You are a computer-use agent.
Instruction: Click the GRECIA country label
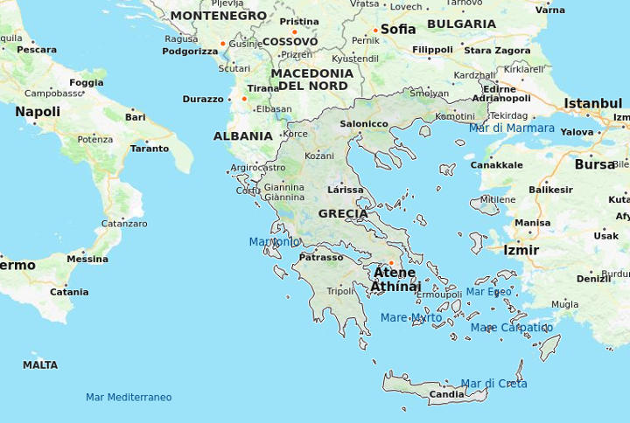tap(343, 213)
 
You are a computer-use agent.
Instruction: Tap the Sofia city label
tap(398, 29)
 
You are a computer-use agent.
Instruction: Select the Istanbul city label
tap(592, 103)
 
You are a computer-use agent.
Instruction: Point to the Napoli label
tap(38, 112)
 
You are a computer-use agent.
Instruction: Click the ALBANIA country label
tap(242, 136)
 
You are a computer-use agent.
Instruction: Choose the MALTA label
tap(40, 365)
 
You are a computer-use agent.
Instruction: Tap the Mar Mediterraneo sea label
tap(129, 398)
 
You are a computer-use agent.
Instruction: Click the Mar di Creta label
tap(493, 384)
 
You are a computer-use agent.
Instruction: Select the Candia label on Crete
tap(446, 395)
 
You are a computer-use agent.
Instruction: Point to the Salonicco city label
tap(364, 124)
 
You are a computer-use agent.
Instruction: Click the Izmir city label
tap(521, 250)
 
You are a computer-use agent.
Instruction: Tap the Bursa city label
tap(595, 164)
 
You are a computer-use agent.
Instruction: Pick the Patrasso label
tap(321, 258)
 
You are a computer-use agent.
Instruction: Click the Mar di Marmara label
tap(511, 128)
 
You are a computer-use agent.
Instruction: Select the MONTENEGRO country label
tap(218, 16)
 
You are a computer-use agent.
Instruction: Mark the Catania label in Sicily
tap(69, 293)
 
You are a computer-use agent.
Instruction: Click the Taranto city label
tap(150, 149)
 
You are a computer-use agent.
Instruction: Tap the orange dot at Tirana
tap(244, 99)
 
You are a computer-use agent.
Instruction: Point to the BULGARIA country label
tap(461, 24)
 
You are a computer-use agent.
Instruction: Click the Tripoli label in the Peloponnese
tap(341, 291)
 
